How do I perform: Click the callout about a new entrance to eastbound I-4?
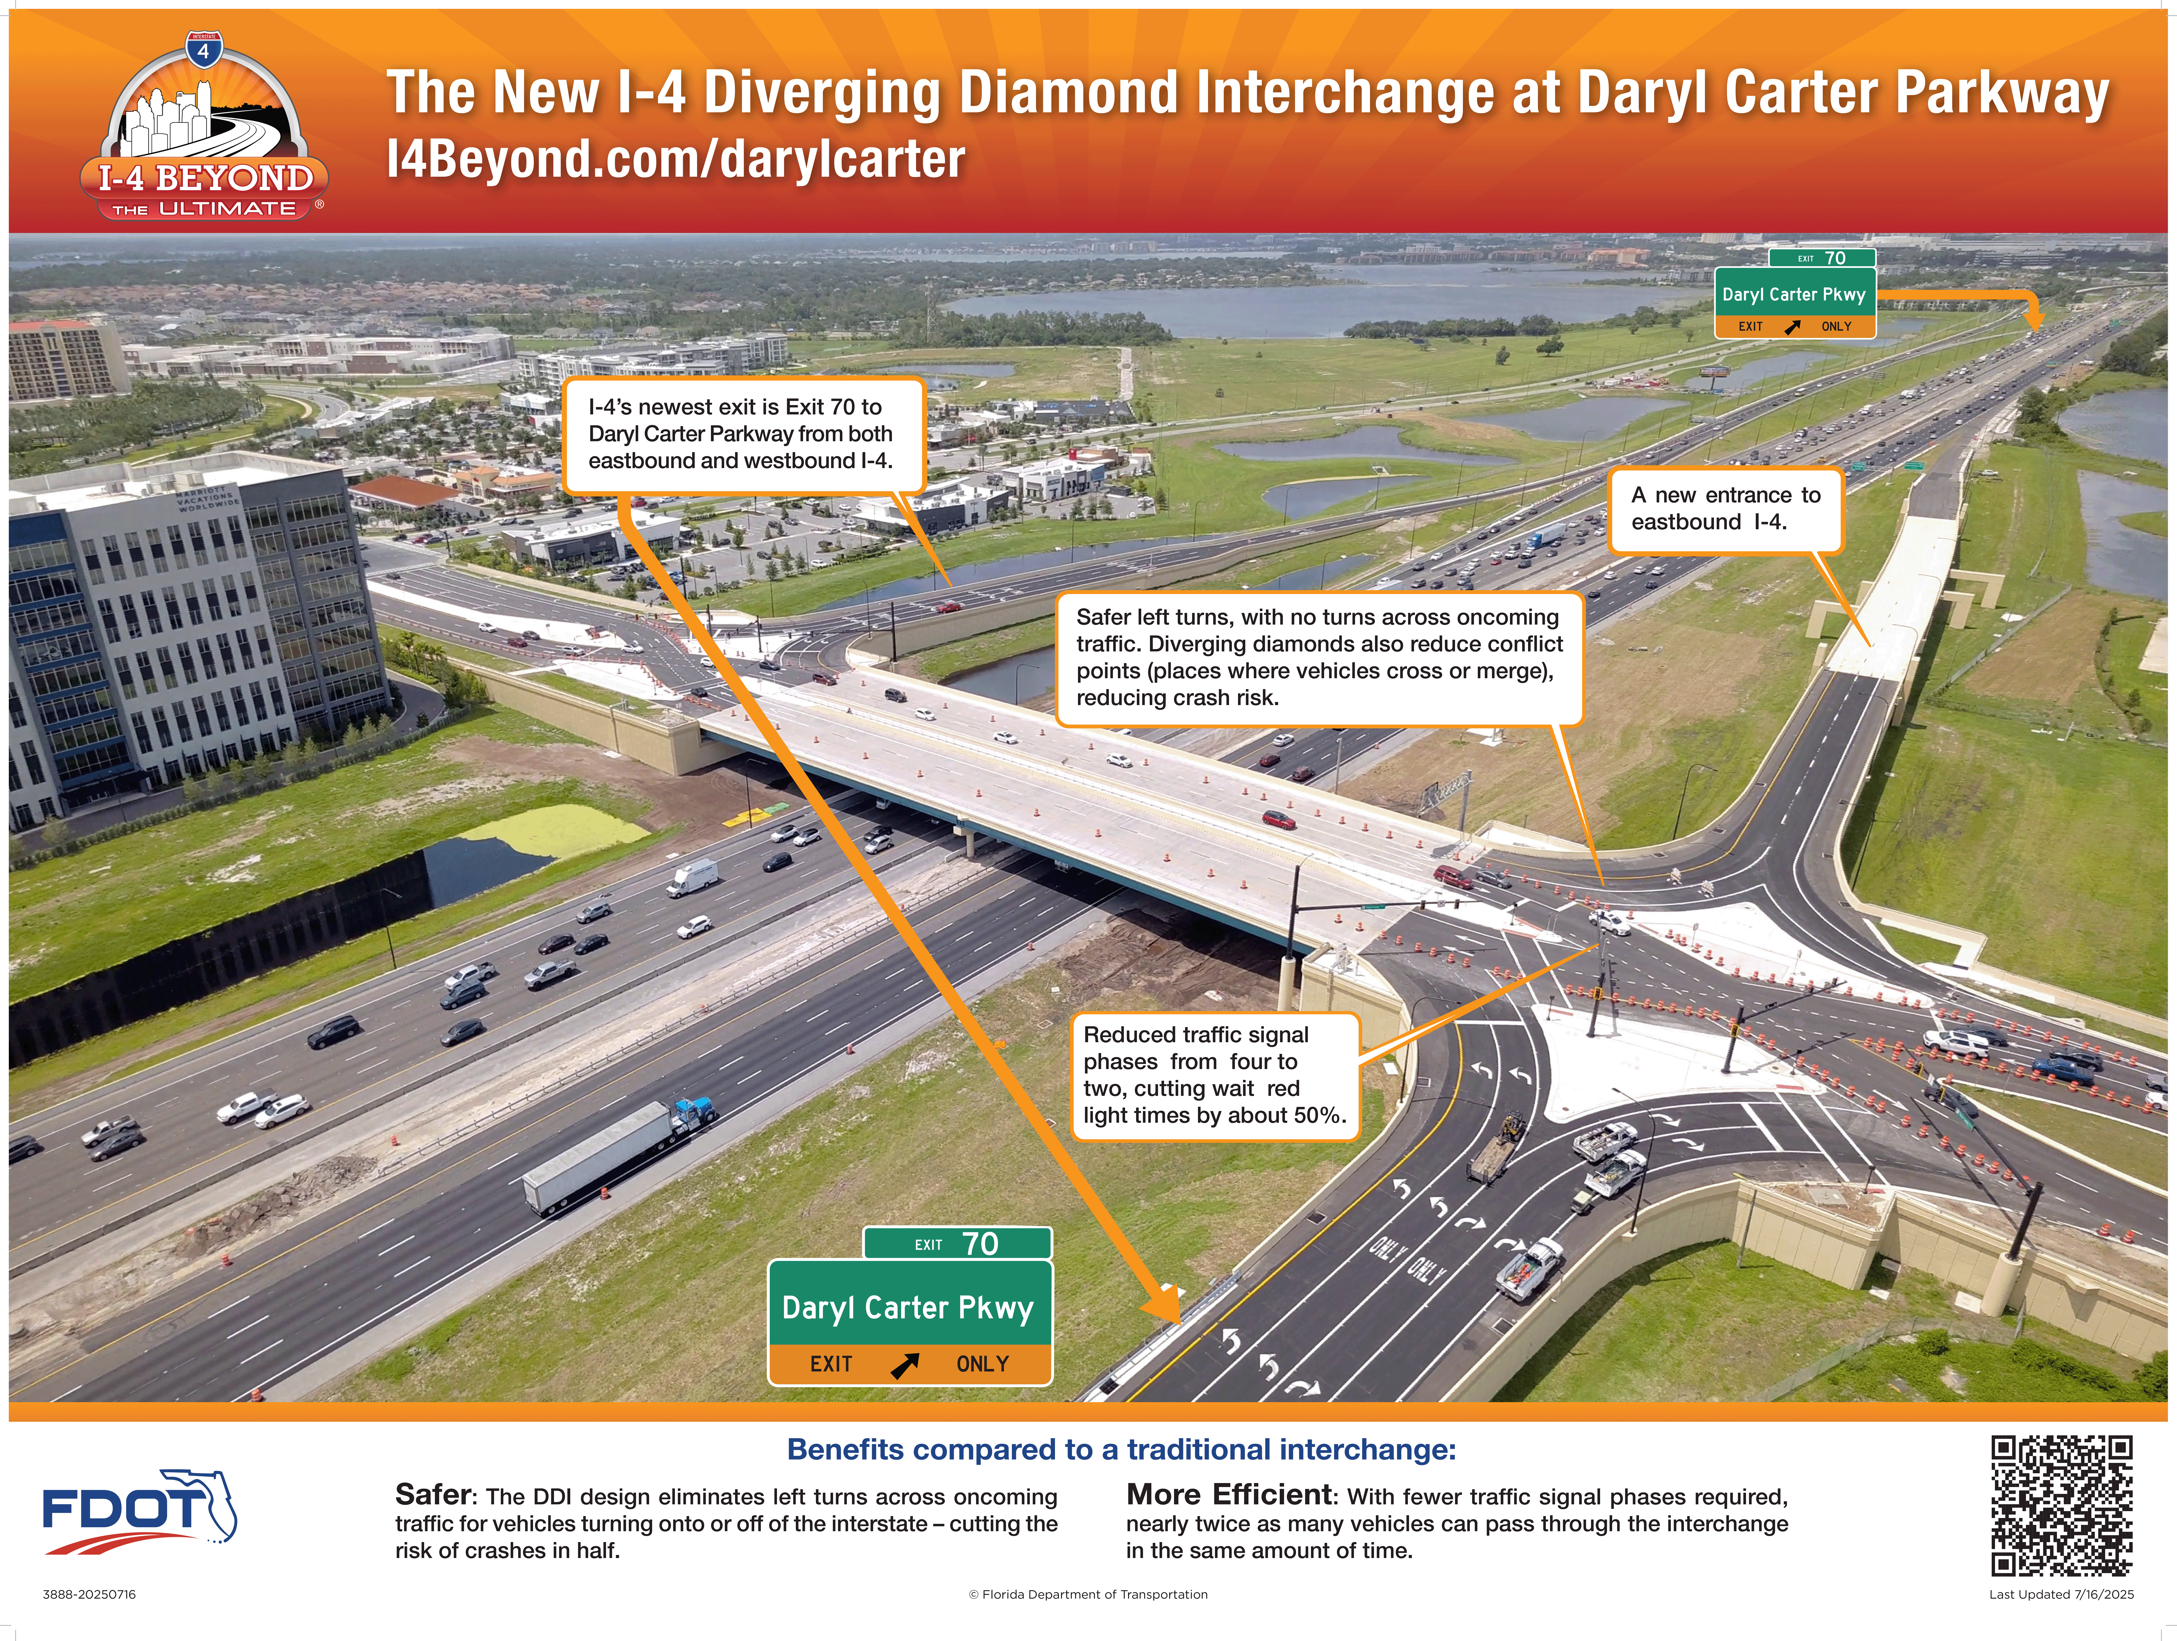pyautogui.click(x=1725, y=509)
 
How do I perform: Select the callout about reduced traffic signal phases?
pyautogui.click(x=1215, y=1075)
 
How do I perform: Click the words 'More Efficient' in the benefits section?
pyautogui.click(x=1228, y=1495)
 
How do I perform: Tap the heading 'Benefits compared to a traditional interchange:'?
pyautogui.click(x=1121, y=1450)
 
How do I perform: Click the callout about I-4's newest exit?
pyautogui.click(x=742, y=434)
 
